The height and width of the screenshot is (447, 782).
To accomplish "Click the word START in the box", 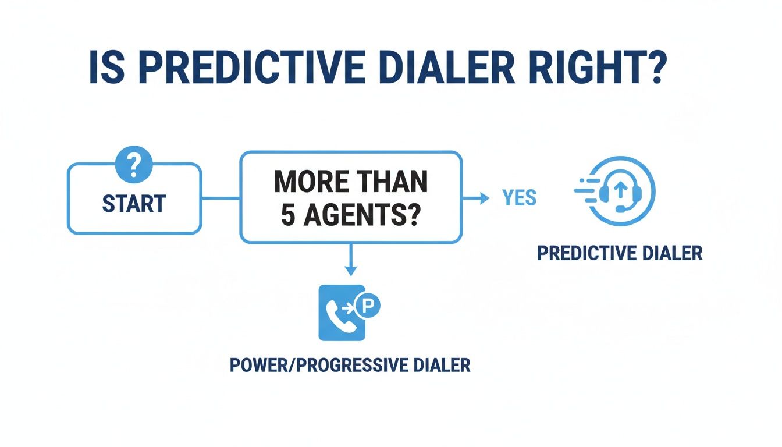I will (x=134, y=204).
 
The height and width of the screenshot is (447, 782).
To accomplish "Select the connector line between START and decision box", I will (x=221, y=198).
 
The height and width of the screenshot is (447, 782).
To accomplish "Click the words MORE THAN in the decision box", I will (x=351, y=182).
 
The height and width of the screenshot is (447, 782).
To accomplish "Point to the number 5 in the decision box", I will (x=289, y=216).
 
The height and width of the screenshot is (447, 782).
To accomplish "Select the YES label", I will (x=519, y=198).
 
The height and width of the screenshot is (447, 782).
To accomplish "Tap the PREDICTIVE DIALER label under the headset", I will (x=620, y=254).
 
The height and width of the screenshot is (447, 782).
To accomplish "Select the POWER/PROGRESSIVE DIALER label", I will (x=350, y=366).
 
